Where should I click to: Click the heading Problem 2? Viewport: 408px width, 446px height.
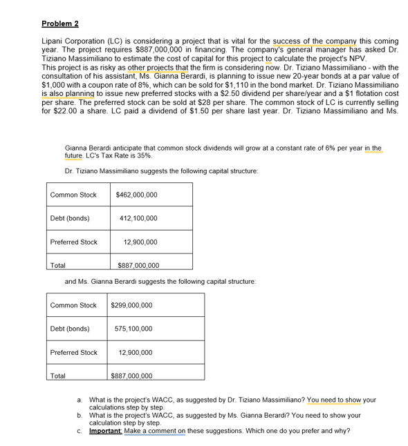click(x=60, y=23)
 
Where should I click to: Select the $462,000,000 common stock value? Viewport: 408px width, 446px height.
click(x=136, y=195)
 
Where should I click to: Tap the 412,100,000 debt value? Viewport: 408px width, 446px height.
click(x=138, y=218)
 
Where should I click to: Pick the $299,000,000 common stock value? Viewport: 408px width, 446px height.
click(x=131, y=305)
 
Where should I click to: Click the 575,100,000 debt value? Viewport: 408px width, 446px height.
click(x=133, y=329)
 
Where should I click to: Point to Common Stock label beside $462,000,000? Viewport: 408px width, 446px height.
click(x=73, y=195)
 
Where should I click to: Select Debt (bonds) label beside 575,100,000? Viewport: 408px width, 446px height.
click(x=70, y=329)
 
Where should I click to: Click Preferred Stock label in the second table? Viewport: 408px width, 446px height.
click(x=73, y=353)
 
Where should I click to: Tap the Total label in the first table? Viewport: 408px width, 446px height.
click(x=58, y=265)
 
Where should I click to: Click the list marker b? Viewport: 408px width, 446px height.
click(x=80, y=416)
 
